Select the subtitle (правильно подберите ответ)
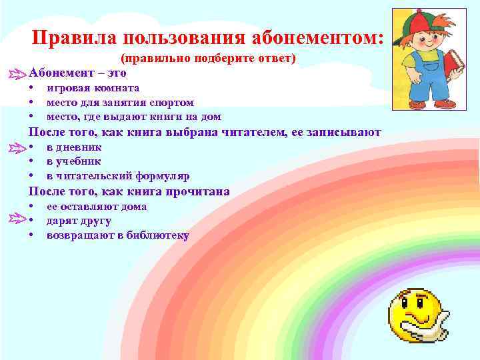208,59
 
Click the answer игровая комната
93,88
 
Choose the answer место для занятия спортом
120,103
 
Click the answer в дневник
74,147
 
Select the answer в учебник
74,161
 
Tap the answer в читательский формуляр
118,176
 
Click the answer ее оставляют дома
97,206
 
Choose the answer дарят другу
79,221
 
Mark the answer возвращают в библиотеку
118,235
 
